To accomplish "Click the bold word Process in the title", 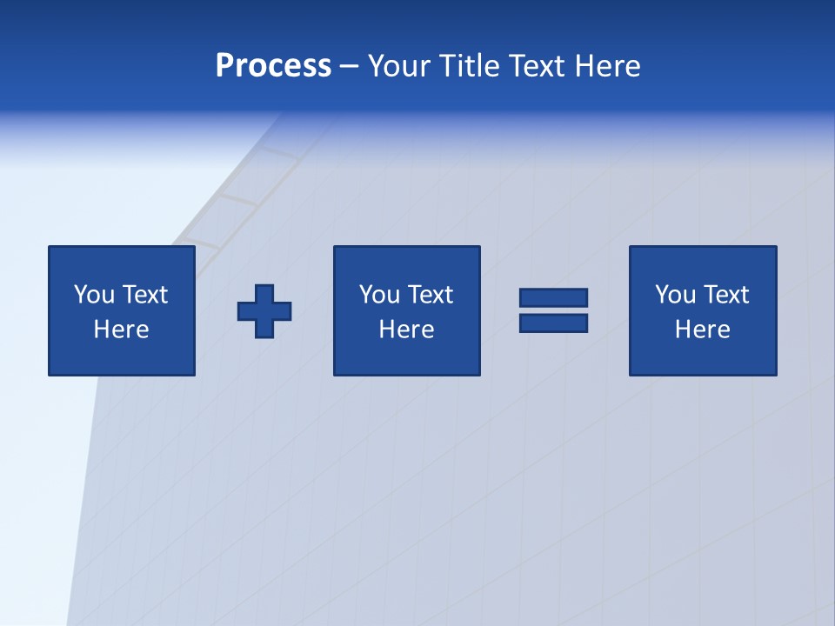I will [x=273, y=66].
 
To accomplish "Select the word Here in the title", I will [x=607, y=66].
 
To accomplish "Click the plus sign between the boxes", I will [x=264, y=310].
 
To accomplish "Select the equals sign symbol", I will [x=553, y=310].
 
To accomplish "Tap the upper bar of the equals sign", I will [x=553, y=298].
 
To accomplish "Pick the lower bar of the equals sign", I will [x=553, y=323].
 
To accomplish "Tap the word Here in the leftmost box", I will [x=122, y=330].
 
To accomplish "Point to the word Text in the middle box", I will [x=430, y=295].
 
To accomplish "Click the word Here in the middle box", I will [x=406, y=330].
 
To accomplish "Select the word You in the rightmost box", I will [x=676, y=295].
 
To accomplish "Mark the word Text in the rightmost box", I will [x=725, y=295].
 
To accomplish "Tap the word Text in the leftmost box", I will [x=144, y=295].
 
